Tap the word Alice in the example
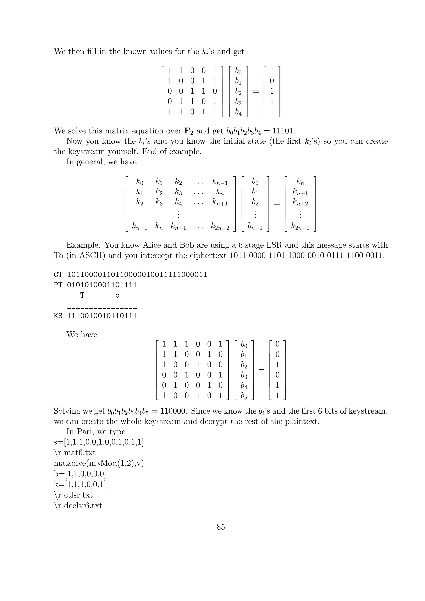[152, 245]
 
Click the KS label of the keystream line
[58, 316]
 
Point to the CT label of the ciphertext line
[58, 275]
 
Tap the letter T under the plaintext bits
[82, 295]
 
